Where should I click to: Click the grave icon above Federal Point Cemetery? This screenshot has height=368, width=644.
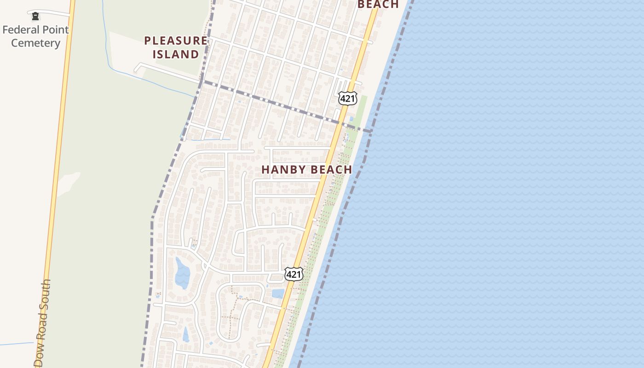pos(35,17)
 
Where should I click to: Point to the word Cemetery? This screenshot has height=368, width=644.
pos(35,43)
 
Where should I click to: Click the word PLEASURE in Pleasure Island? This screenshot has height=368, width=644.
pos(176,40)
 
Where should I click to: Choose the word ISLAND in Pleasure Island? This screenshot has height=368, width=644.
pos(176,54)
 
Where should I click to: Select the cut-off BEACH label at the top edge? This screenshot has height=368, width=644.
pos(378,4)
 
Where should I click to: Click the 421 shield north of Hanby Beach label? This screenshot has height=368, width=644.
pos(347,98)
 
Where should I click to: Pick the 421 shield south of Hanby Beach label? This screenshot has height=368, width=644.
pos(293,275)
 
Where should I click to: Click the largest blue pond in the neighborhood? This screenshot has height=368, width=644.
pos(182,273)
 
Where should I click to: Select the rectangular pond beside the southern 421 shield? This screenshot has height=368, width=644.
pos(278,293)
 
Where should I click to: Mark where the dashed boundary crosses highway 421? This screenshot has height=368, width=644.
pos(340,123)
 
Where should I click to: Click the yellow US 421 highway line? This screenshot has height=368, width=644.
pos(322,184)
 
